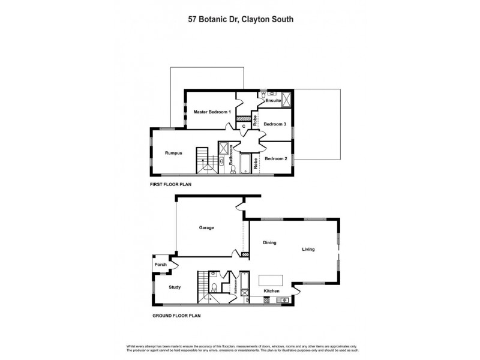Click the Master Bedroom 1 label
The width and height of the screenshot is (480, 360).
click(212, 112)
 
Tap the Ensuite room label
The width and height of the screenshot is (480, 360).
click(274, 101)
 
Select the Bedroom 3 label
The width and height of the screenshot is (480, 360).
click(275, 124)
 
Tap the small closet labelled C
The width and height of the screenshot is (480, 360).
click(244, 127)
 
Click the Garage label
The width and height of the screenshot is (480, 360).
click(207, 227)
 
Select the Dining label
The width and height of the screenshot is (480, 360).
click(269, 242)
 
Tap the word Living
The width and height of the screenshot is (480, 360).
click(308, 249)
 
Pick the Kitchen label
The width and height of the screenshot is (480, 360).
click(272, 291)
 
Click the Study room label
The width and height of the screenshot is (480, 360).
click(174, 287)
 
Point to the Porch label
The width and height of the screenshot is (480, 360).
click(160, 265)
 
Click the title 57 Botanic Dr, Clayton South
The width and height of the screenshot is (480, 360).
click(241, 19)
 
